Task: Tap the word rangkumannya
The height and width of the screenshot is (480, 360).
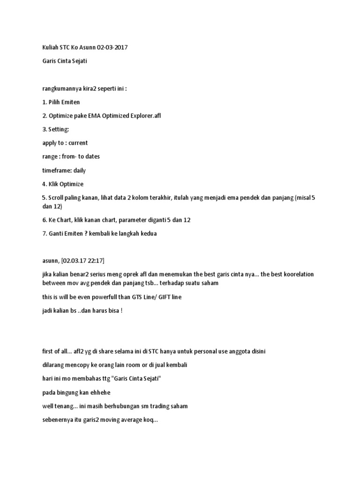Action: click(60, 89)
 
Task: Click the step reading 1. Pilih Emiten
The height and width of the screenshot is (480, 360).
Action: click(61, 102)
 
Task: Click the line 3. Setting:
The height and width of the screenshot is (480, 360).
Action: click(55, 129)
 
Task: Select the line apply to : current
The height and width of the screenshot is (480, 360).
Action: click(65, 142)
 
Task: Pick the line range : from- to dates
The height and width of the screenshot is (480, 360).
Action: click(71, 156)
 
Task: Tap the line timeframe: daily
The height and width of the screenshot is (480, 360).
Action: click(64, 170)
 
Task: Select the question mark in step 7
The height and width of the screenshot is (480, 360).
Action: click(86, 233)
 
